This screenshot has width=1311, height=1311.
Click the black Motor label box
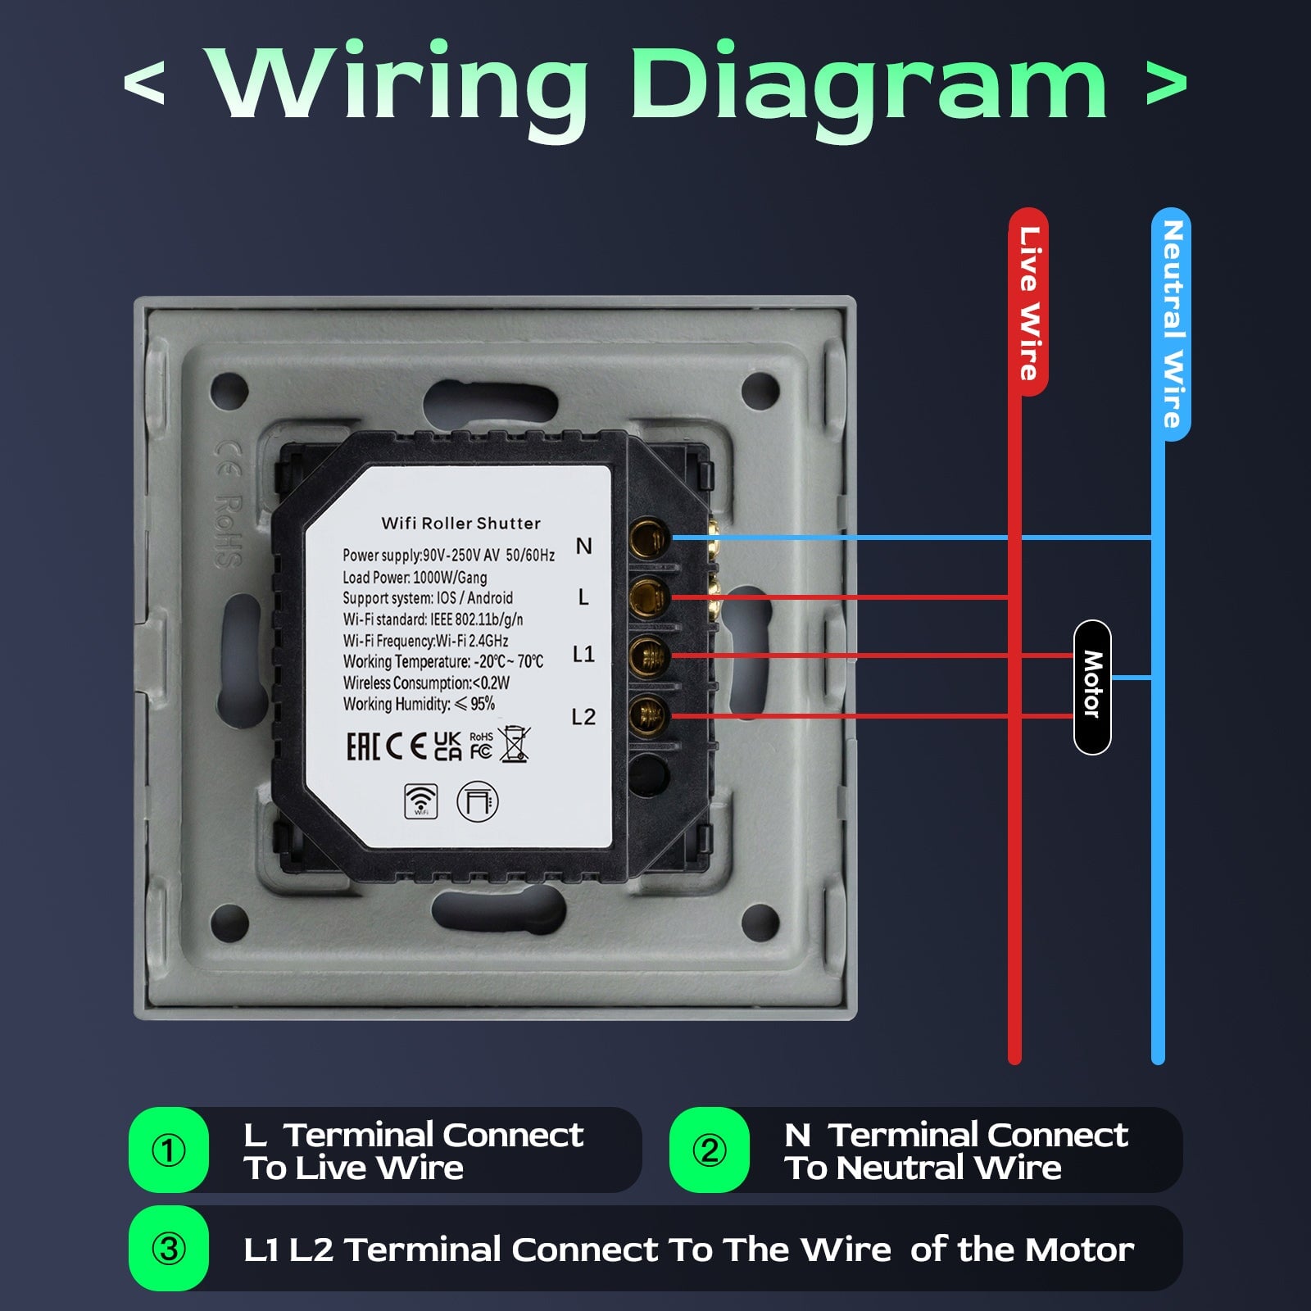1091,687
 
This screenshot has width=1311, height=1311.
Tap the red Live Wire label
1029,302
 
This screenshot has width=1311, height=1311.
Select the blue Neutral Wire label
1171,324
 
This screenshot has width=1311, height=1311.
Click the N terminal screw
648,538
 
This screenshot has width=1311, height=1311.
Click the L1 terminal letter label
583,654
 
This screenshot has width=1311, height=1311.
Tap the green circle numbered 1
169,1150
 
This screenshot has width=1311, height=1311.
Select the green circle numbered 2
710,1150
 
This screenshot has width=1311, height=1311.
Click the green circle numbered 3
169,1249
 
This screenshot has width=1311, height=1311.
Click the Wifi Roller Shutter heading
461,523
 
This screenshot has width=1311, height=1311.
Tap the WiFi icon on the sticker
420,801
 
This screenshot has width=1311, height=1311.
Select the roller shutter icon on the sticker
477,801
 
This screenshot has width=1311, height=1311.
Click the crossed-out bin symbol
515,745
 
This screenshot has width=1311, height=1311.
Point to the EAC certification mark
363,746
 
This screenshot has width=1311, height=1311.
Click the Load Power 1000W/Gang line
415,577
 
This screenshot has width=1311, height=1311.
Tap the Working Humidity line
419,704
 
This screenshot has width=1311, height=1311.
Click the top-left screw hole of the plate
229,390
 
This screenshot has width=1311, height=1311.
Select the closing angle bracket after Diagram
1166,84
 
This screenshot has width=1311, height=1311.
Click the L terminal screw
648,597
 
